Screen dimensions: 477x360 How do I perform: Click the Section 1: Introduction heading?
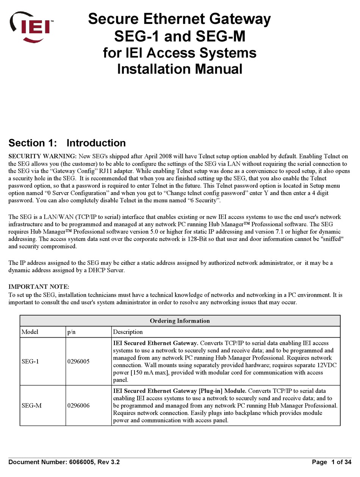click(67, 143)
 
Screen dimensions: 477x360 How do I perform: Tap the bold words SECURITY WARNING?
click(43, 156)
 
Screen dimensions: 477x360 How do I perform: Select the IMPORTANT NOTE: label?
click(39, 286)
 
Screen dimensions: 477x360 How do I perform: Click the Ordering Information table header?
click(180, 321)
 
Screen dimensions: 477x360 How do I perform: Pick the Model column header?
click(30, 332)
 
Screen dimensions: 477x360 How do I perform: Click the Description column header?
click(128, 332)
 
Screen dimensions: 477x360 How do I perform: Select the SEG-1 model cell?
click(30, 361)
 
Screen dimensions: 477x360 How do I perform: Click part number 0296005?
click(78, 361)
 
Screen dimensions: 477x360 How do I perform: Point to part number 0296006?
click(78, 406)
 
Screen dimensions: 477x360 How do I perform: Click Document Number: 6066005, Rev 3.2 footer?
click(64, 462)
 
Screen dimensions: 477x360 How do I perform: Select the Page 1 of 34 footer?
click(332, 462)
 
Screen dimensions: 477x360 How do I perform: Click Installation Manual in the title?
click(180, 69)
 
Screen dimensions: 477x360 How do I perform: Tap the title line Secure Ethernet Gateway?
click(180, 19)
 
